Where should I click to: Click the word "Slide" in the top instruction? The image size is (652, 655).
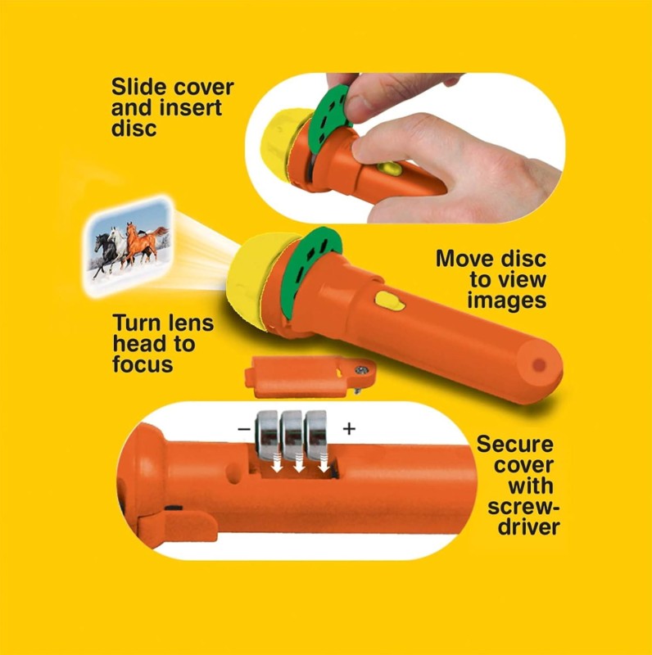point(138,87)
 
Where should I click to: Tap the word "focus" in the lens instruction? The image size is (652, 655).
point(143,364)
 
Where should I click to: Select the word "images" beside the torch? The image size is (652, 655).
point(506,300)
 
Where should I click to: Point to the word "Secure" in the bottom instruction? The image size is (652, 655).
point(514,444)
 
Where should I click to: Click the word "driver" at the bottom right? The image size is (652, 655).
point(528,526)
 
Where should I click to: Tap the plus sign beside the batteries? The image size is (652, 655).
point(349,428)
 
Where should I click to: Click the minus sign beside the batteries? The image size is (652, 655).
point(243,428)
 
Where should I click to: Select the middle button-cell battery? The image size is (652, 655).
point(292,435)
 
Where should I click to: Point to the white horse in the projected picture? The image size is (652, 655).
point(119,247)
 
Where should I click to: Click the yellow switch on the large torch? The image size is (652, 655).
point(390,300)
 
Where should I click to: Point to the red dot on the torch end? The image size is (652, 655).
point(539,365)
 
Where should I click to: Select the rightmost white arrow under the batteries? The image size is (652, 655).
point(324,463)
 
